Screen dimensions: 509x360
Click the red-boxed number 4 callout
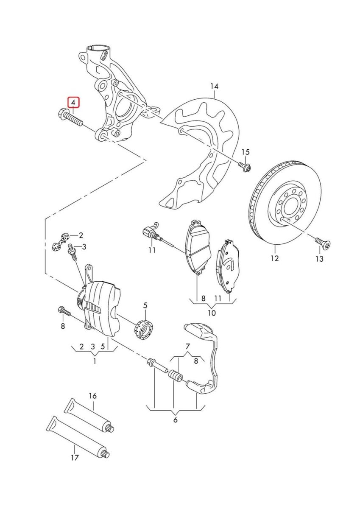click(x=73, y=103)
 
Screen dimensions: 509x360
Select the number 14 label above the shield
click(x=214, y=87)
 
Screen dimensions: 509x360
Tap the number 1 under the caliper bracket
click(x=94, y=361)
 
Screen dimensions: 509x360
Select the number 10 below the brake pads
click(x=212, y=313)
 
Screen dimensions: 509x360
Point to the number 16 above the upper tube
click(x=92, y=396)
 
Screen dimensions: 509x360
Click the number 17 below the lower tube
click(x=75, y=458)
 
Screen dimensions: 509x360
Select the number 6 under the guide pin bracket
click(x=175, y=420)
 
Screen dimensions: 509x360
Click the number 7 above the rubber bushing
click(x=187, y=346)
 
